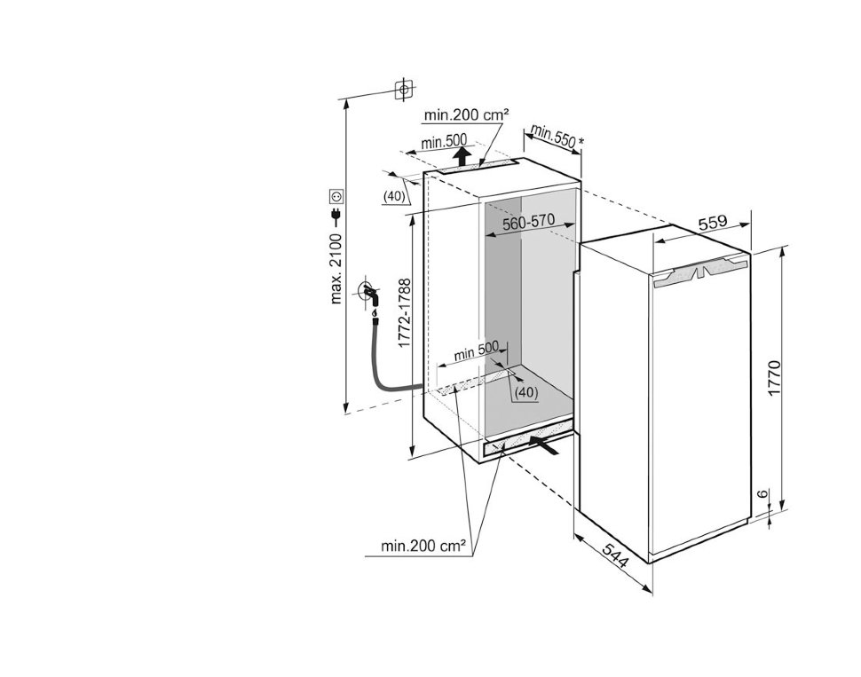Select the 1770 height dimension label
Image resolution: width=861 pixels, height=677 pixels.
click(x=773, y=378)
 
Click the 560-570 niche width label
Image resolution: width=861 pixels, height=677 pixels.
click(x=528, y=224)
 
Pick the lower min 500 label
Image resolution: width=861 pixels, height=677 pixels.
click(x=478, y=352)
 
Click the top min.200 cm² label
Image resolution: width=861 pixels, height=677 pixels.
click(x=466, y=114)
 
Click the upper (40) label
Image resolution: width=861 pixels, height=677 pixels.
click(x=395, y=195)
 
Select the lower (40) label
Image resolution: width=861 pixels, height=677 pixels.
click(x=525, y=391)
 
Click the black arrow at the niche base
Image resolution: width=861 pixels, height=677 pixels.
click(x=545, y=443)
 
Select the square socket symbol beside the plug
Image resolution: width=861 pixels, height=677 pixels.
click(x=336, y=194)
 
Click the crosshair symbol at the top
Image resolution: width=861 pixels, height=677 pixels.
click(x=404, y=89)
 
